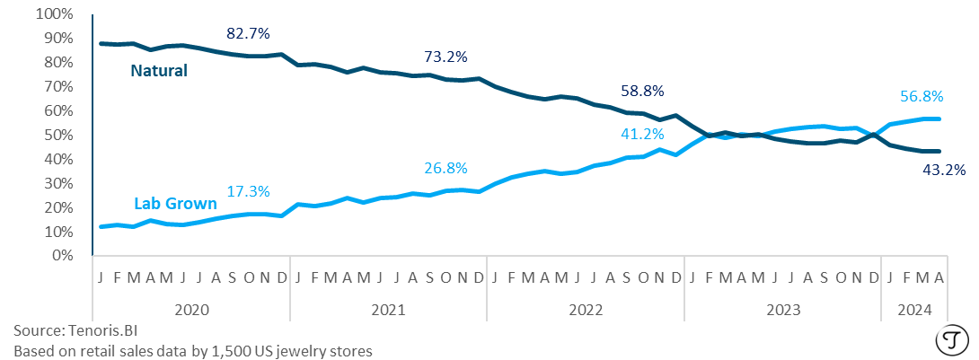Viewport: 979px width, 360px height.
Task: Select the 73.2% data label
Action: click(x=445, y=57)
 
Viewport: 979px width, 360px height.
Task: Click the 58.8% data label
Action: click(x=641, y=92)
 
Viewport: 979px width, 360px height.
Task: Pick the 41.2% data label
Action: click(x=641, y=135)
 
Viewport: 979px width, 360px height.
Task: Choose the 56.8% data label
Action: click(x=918, y=97)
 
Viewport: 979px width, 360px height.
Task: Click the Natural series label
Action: click(x=158, y=70)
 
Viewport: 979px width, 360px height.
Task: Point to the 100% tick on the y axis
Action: click(x=54, y=14)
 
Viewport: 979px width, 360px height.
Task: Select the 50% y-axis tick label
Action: click(x=57, y=135)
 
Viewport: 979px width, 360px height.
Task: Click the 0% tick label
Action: click(x=61, y=255)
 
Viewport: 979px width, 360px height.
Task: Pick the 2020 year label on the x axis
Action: click(x=190, y=310)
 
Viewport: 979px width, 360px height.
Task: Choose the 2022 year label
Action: click(x=585, y=310)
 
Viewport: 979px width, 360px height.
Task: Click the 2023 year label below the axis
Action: click(x=782, y=310)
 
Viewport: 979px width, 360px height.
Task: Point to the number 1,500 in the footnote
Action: click(x=228, y=350)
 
